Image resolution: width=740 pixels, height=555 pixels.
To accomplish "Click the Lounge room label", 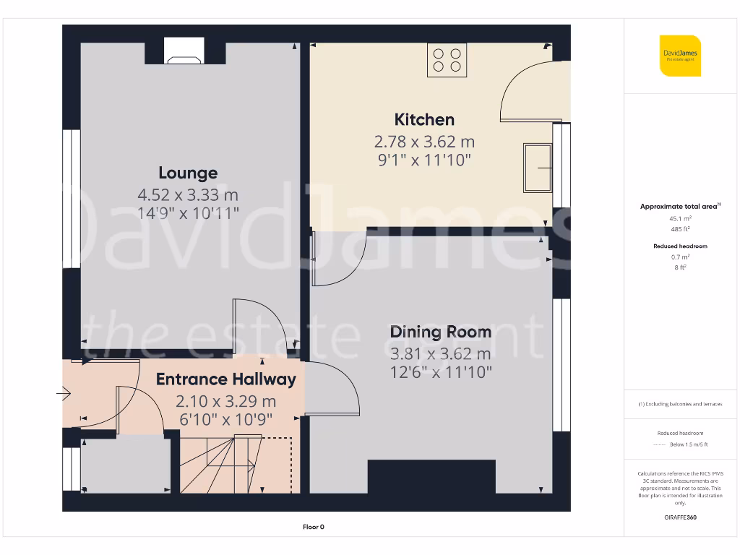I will coord(188,173).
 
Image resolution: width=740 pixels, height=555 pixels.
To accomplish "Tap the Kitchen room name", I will coord(424,119).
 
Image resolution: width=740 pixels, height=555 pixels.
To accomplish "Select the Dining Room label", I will coord(440,332).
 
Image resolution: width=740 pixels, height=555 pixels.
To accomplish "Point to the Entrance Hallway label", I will coord(225,379).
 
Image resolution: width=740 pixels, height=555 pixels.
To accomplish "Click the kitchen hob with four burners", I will coord(447,59).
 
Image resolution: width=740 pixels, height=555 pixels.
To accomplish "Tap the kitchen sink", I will coord(537,168).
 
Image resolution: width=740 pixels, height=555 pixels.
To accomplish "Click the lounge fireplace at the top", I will coord(185,51).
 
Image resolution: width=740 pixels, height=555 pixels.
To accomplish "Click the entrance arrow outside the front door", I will coord(63,395).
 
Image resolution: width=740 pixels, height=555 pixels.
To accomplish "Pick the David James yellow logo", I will coord(680,56).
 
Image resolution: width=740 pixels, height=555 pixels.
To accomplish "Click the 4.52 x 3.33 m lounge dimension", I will coord(188,195).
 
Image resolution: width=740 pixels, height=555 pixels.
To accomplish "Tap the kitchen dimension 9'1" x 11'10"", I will coord(424,160).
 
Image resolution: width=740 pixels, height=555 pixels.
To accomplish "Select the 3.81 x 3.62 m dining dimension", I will coord(440,354).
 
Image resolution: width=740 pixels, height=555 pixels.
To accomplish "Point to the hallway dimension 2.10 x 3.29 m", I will coord(225,402).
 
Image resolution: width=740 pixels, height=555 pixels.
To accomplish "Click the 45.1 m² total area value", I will coord(680,218).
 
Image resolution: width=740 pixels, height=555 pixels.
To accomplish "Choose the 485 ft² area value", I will coord(680,228).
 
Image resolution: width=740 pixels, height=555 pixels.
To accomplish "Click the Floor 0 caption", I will coord(314,527).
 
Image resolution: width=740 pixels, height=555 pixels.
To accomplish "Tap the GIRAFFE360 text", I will coord(680,517).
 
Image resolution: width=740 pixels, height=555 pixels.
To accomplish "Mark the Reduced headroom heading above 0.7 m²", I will coord(680,246).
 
